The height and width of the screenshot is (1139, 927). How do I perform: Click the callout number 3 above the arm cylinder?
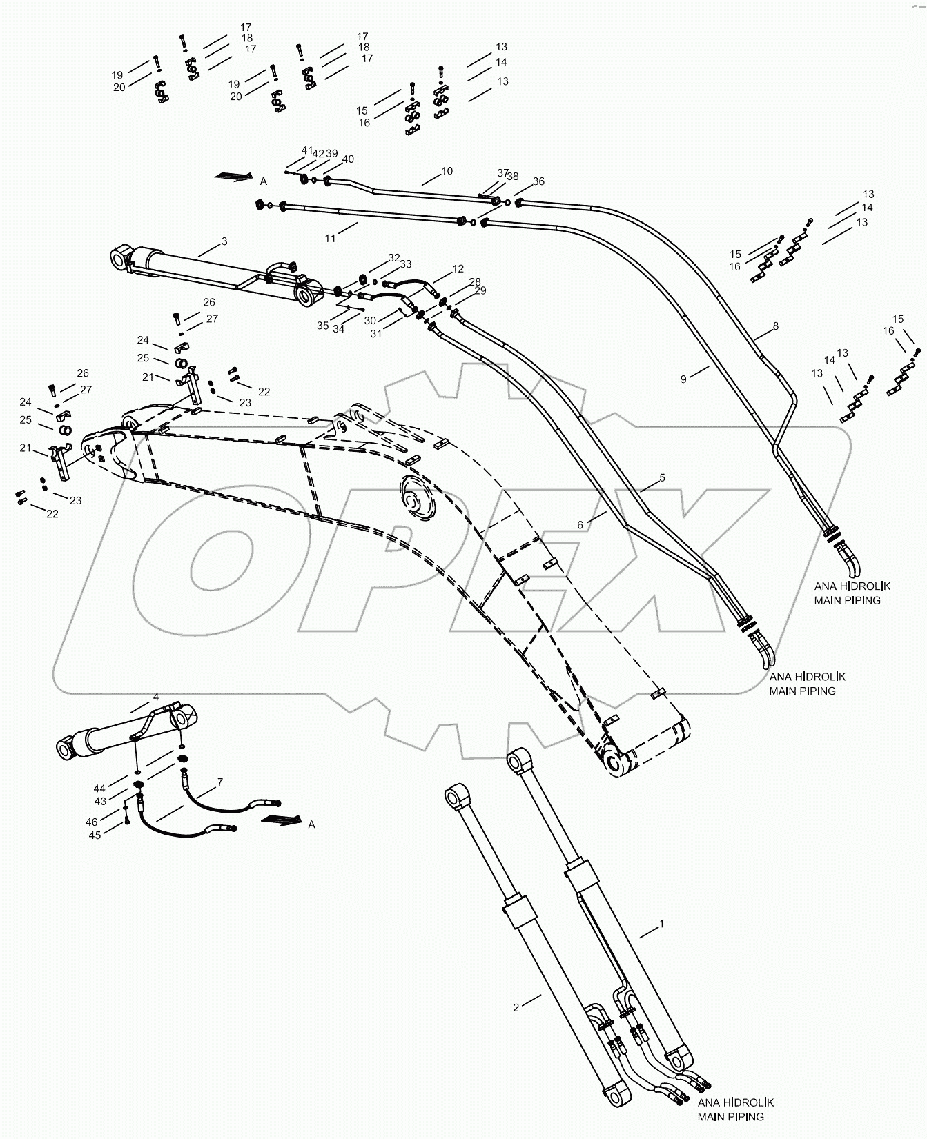(x=224, y=241)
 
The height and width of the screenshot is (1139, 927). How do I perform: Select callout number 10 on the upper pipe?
(x=447, y=170)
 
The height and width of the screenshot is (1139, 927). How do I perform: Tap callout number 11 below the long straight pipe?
(x=331, y=238)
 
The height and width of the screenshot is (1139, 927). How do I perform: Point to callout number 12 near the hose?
(x=458, y=268)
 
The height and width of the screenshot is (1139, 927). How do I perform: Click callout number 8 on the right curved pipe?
(x=776, y=326)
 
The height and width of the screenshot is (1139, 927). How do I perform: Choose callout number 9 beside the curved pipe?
(x=683, y=379)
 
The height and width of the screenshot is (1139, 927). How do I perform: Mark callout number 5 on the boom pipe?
(x=662, y=477)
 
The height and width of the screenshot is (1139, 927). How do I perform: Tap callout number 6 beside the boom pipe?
(x=580, y=525)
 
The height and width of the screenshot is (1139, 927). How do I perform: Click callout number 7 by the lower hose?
(x=219, y=782)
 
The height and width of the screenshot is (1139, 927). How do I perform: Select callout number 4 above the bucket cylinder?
(x=156, y=697)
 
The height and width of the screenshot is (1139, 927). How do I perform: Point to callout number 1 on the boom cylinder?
(x=662, y=923)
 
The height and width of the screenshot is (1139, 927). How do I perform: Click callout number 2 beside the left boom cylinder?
(x=516, y=1007)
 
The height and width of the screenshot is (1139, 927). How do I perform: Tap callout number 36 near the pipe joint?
(x=538, y=181)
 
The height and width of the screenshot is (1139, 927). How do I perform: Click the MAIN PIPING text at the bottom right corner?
(x=730, y=1116)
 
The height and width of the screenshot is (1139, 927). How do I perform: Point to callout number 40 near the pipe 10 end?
(x=348, y=159)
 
